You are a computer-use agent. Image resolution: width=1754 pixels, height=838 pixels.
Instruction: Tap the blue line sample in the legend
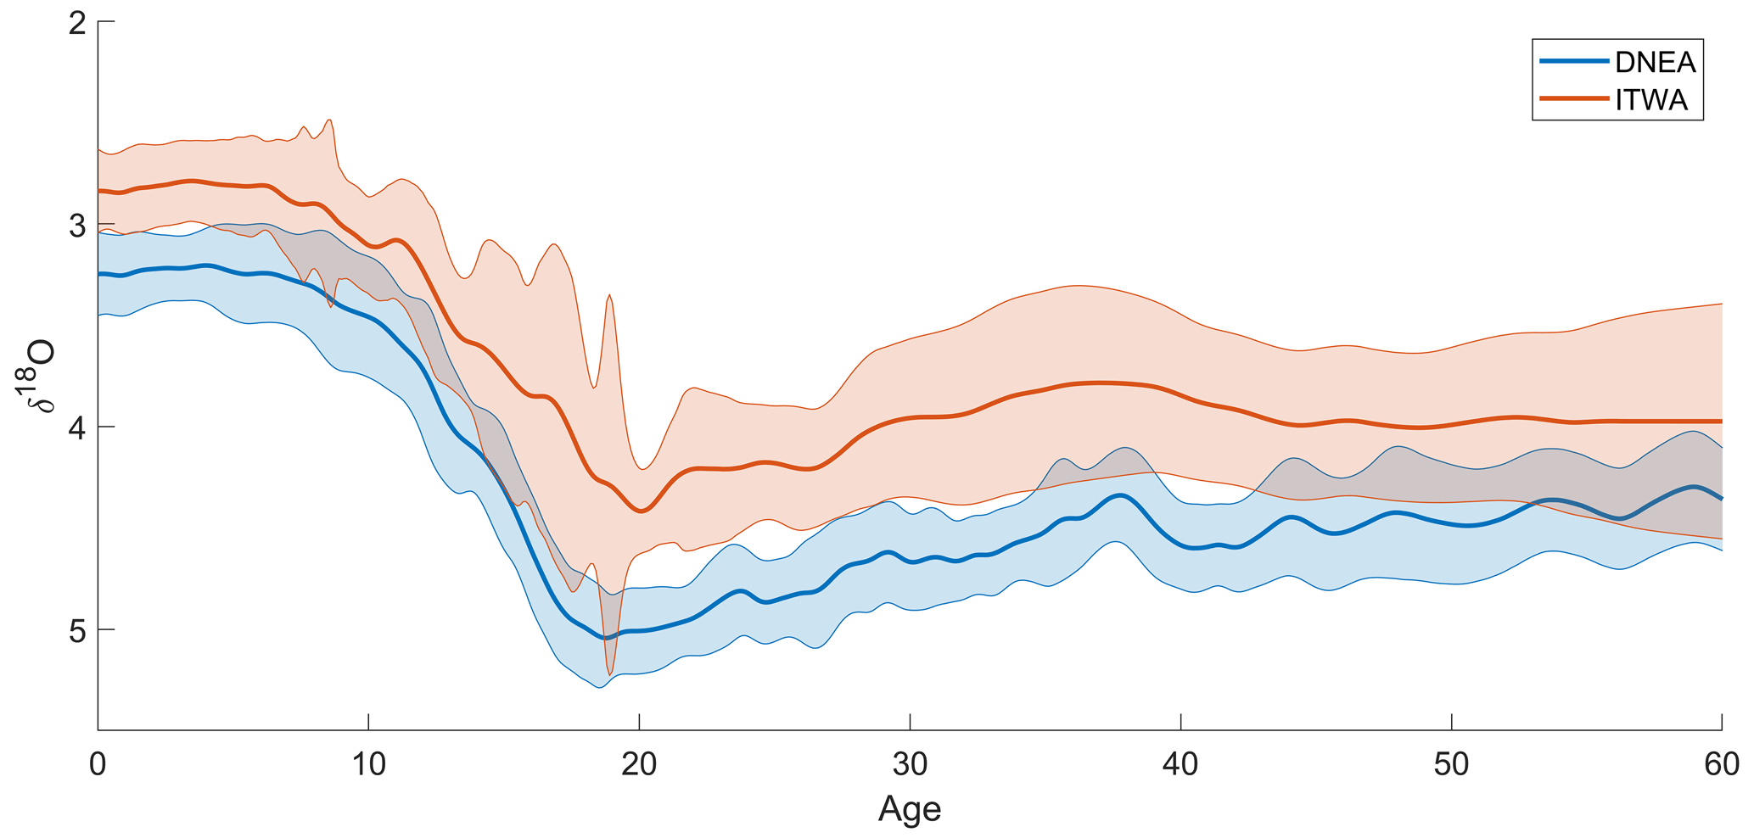(1574, 62)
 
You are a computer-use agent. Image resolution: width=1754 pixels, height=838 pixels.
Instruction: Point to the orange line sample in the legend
(1574, 99)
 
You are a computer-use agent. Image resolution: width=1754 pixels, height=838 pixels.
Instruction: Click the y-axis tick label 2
(77, 23)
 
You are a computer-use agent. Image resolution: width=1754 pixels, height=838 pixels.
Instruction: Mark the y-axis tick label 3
(77, 226)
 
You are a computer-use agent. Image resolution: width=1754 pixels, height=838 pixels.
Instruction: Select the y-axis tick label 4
(77, 427)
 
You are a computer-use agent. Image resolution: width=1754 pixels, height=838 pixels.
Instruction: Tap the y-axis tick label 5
(77, 630)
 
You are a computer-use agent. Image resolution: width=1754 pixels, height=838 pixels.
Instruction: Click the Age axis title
(910, 809)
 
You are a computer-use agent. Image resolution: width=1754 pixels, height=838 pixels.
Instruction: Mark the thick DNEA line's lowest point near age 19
(605, 638)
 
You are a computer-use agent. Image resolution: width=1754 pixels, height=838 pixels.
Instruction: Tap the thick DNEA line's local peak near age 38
(1121, 495)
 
